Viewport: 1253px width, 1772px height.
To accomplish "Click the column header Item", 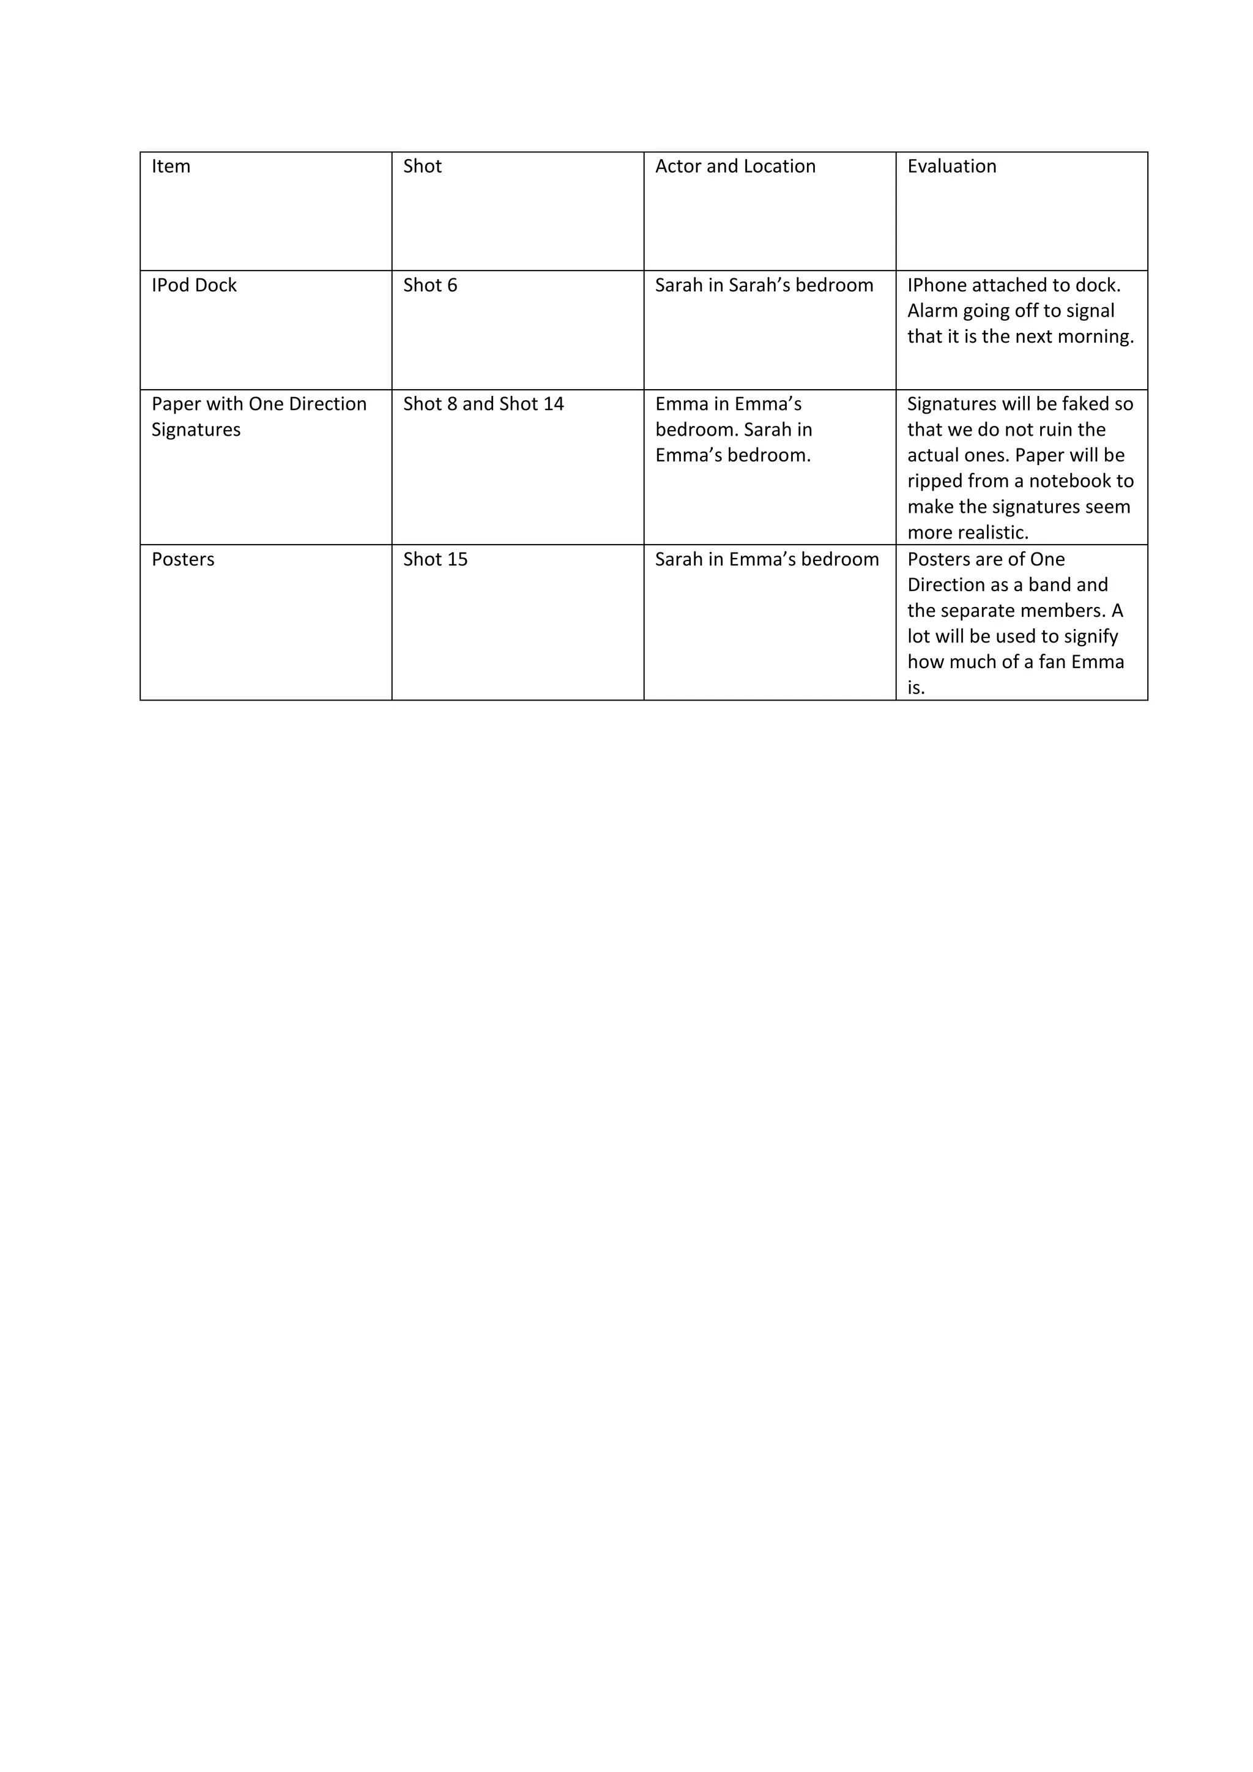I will pos(171,166).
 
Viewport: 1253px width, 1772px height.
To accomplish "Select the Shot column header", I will pos(422,166).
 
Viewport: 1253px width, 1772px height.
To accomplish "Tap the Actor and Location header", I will pos(735,166).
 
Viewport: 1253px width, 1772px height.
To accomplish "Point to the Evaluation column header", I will pos(951,166).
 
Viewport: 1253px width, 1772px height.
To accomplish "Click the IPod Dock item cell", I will pos(194,286).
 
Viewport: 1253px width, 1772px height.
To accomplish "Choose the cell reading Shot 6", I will pos(429,286).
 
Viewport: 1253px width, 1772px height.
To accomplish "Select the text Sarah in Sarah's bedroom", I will pos(764,286).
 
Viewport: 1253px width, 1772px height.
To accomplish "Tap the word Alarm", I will pos(932,311).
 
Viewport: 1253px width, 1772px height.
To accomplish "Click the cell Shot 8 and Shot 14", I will pos(483,404).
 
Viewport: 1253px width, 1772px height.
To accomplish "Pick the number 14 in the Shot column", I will pos(552,404).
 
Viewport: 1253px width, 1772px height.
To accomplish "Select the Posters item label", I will pos(183,559).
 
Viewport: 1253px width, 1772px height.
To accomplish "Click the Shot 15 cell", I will pos(435,559).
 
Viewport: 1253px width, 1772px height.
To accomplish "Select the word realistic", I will pos(991,532).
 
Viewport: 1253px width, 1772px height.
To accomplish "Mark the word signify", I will pos(1090,637).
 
